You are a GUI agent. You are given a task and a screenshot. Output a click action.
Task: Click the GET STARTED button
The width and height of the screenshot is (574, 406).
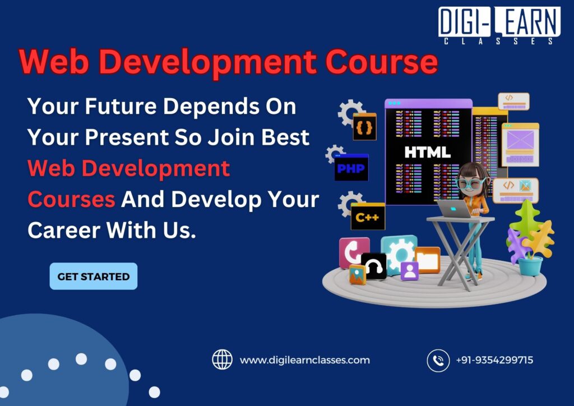tap(93, 276)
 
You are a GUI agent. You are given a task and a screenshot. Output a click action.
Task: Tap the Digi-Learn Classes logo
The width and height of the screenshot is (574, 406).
tap(498, 25)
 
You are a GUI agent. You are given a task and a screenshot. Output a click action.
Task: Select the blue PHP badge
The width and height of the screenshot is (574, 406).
tap(351, 168)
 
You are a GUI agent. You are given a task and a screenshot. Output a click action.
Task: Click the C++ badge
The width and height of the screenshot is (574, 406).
tap(367, 217)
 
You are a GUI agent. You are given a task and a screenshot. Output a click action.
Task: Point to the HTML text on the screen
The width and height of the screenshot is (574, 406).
tap(427, 152)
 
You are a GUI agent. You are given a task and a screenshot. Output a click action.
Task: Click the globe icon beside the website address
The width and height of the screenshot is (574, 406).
tap(222, 359)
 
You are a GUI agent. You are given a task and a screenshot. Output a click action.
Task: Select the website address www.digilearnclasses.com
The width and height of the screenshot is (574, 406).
tap(304, 360)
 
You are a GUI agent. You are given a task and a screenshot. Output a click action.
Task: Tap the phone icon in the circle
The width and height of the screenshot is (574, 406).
tap(438, 360)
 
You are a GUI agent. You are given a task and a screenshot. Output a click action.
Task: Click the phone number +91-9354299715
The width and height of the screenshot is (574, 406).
tap(494, 360)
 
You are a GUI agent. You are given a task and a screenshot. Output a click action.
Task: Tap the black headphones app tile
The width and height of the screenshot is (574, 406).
tap(374, 266)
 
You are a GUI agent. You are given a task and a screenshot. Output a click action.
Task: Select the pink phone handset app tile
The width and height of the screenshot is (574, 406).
tap(354, 252)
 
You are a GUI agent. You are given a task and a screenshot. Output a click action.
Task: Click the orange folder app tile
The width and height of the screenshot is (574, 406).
tap(427, 260)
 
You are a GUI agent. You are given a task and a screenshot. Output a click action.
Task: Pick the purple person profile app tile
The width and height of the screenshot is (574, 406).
tap(409, 271)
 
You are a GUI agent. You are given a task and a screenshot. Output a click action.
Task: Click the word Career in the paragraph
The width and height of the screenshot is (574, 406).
tap(59, 230)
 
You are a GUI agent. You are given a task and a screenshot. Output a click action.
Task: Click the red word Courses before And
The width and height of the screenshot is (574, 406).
tap(71, 199)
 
